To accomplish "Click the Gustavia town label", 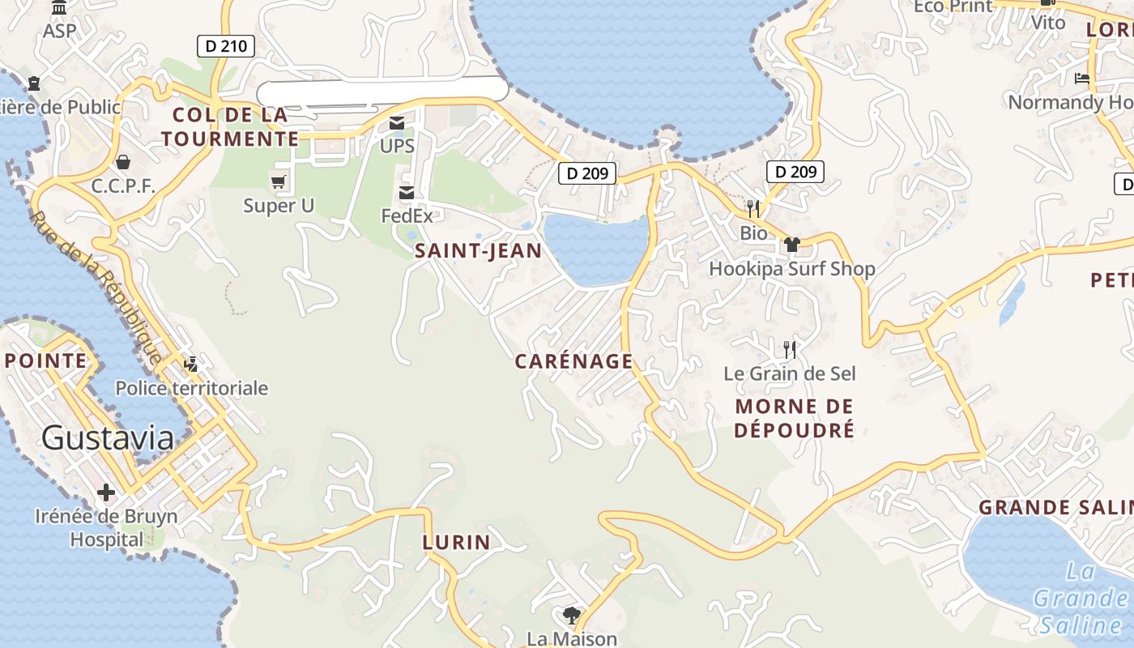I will point(107,438).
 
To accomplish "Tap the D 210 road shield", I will point(226,46).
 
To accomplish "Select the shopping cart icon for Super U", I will point(279,181).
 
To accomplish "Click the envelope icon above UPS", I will point(397,123).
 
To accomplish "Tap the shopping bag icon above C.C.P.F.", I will point(122,163).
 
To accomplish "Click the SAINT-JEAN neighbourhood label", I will point(478,251).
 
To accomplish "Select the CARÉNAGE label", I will point(573,361).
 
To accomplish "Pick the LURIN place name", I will point(456,543).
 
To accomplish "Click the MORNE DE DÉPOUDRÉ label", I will point(794,418).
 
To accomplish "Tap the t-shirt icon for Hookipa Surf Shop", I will point(791,245).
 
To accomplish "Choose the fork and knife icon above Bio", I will point(753,209).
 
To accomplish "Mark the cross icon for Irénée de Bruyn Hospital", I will point(105,492).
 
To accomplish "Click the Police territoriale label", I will point(191,388).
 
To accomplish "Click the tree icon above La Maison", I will point(572,615).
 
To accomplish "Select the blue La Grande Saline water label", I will point(1081,599).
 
